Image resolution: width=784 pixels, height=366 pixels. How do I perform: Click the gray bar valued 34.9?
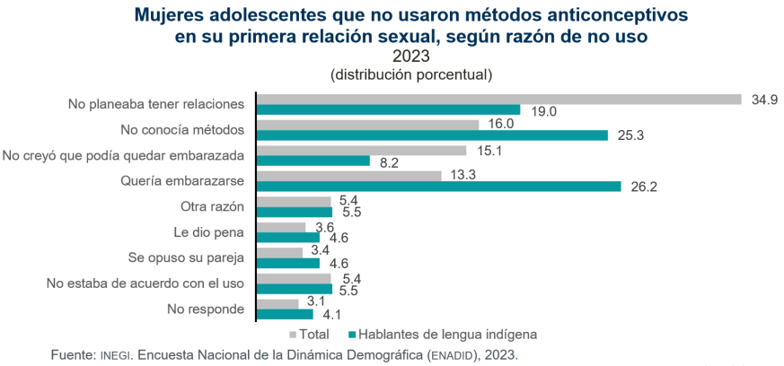tap(498, 99)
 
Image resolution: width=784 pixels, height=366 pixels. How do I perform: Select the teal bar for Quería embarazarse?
tap(438, 187)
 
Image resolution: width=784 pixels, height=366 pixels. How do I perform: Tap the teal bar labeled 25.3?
tap(432, 135)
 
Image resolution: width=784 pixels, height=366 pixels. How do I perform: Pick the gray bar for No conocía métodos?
tap(368, 124)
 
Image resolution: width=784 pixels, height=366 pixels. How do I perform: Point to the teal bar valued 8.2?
tap(313, 161)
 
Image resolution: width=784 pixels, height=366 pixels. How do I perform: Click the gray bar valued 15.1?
tap(362, 150)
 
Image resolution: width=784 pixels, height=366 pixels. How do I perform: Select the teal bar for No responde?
tap(285, 315)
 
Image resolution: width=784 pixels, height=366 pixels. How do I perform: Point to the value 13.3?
tap(464, 175)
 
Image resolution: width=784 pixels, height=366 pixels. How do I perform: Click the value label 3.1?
tap(314, 302)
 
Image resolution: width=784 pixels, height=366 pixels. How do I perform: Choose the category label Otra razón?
tap(213, 206)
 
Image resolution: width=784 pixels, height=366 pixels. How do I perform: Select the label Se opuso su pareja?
tap(188, 258)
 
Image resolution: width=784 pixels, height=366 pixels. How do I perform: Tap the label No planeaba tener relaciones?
tap(156, 104)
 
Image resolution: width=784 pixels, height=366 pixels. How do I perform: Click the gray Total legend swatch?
tap(293, 335)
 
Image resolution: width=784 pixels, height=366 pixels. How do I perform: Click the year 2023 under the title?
tap(392, 56)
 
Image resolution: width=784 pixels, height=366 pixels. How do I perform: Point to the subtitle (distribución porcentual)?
tap(392, 74)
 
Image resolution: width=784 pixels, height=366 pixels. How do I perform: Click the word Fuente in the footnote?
tap(73, 355)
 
